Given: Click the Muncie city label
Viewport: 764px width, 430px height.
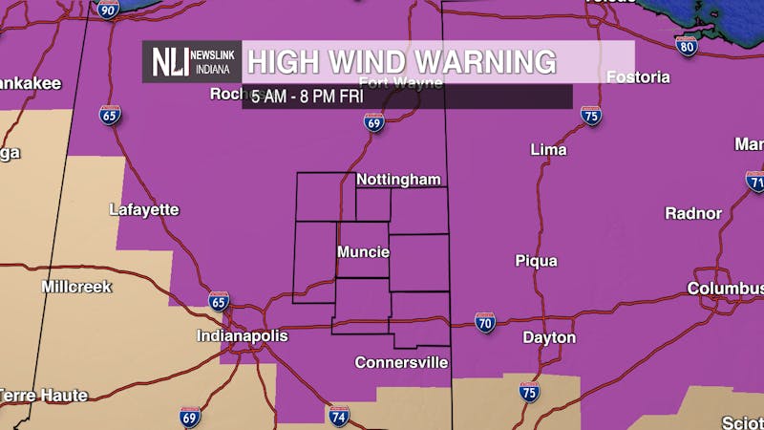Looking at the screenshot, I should (363, 252).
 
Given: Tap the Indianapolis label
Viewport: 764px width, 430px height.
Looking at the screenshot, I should (242, 336).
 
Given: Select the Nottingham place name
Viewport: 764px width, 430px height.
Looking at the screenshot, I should (398, 180).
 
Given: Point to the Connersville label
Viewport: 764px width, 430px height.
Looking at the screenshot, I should (401, 363).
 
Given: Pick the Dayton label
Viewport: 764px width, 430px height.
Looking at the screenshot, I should (549, 337).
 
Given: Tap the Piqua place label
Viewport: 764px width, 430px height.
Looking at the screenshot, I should (536, 261).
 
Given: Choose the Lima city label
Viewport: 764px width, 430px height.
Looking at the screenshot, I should (548, 150).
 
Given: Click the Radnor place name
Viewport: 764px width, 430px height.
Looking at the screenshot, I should (693, 213).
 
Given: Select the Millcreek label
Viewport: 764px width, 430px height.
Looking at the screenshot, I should (76, 287).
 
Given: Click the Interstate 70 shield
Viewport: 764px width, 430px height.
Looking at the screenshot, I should (485, 322).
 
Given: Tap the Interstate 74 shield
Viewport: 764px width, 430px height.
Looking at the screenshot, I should (339, 416).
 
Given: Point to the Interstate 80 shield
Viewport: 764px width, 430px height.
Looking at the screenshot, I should (686, 46).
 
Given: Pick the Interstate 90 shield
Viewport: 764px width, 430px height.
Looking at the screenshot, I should (107, 10).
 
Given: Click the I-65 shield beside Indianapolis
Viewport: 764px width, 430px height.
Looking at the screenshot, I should (219, 302).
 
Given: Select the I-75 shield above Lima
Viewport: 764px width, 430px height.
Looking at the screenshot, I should (591, 117).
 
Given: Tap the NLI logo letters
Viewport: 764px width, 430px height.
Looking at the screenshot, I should (169, 62).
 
